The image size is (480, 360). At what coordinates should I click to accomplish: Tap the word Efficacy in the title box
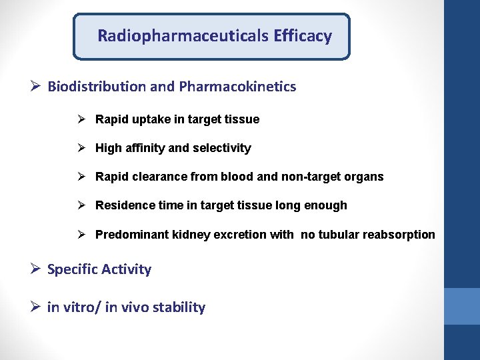click(x=302, y=36)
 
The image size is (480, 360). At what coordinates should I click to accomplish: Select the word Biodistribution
click(x=96, y=87)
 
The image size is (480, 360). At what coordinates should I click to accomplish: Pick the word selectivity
click(x=221, y=148)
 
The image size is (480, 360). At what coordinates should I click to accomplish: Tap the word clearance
click(x=160, y=177)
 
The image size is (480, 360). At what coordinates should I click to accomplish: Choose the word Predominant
click(x=131, y=235)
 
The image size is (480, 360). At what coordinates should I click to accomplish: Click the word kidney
click(x=191, y=235)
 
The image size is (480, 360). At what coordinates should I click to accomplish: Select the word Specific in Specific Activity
click(x=71, y=269)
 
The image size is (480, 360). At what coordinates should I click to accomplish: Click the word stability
click(x=179, y=307)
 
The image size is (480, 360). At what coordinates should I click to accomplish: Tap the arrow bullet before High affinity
click(x=83, y=148)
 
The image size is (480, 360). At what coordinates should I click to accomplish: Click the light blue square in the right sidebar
click(x=461, y=306)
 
